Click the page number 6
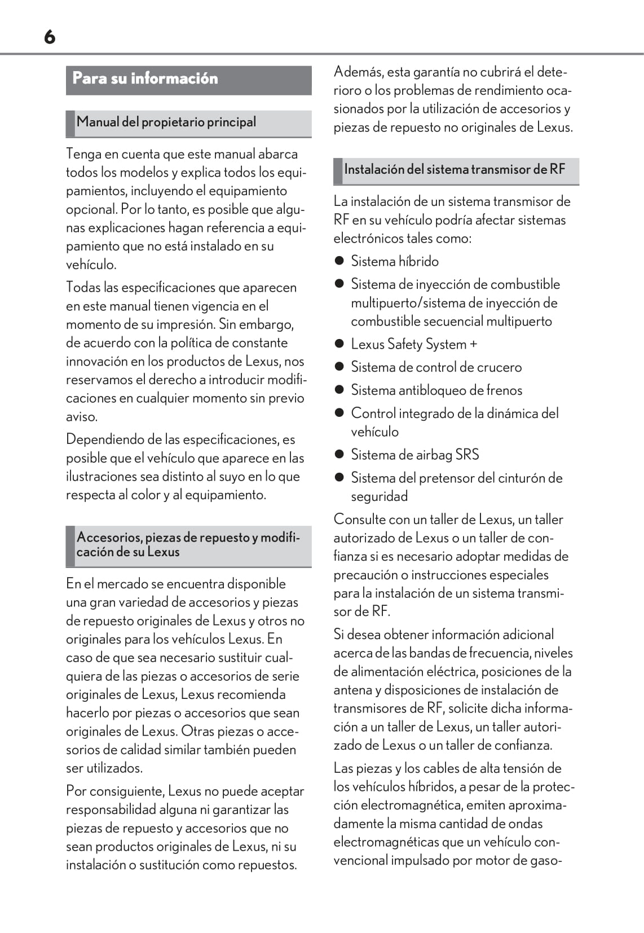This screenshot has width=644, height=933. point(50,37)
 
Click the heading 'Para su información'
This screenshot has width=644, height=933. point(145,78)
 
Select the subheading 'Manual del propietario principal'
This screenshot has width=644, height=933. point(166,122)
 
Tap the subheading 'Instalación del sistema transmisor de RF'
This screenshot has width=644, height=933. point(454,170)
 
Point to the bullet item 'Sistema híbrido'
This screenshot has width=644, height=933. point(394,261)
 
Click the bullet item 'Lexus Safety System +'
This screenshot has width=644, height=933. point(413,344)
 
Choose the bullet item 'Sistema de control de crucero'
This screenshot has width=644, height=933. point(436,367)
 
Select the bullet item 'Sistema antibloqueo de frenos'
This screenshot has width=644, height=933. point(436,390)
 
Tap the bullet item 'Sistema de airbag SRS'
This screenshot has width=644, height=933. point(414,455)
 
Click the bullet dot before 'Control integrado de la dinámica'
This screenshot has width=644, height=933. point(339,413)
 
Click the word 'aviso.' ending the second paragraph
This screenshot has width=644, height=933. point(82,417)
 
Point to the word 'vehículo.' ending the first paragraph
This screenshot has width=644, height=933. point(91,265)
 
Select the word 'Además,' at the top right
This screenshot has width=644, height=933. point(358,72)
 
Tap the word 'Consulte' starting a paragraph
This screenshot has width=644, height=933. point(359,520)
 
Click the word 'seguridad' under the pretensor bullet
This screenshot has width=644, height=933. point(379,497)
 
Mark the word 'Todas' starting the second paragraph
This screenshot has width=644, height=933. point(83,288)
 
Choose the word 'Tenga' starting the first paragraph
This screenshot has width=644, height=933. point(83,154)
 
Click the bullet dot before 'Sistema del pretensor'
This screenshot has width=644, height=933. point(339,478)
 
